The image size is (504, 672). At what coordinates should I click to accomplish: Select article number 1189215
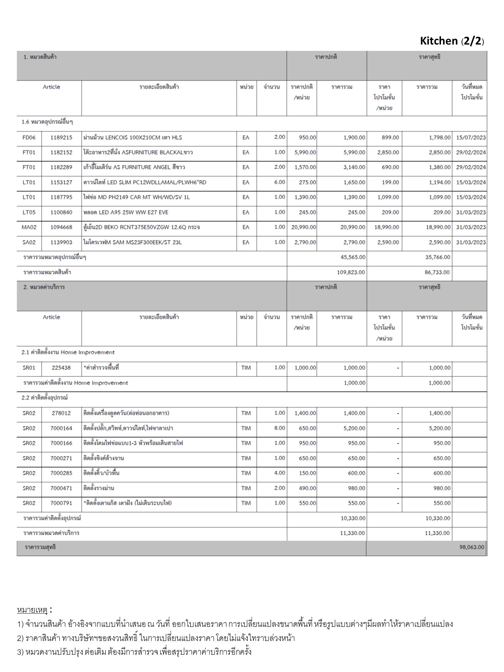click(61, 137)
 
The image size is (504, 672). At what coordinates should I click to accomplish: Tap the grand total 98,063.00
click(472, 547)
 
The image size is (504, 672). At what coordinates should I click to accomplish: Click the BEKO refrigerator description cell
click(141, 227)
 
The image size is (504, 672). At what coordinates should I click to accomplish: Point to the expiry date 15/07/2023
click(471, 137)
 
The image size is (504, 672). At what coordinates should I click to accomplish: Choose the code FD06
click(29, 137)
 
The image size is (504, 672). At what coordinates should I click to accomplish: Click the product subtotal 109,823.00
click(351, 272)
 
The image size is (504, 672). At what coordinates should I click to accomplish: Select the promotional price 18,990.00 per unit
click(387, 227)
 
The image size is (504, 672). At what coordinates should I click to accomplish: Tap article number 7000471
click(61, 488)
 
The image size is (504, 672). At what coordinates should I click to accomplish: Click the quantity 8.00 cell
click(280, 428)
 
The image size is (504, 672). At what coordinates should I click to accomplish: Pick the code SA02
click(29, 242)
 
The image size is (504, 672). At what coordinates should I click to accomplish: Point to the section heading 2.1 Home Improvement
click(68, 352)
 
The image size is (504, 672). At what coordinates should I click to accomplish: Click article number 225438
click(61, 368)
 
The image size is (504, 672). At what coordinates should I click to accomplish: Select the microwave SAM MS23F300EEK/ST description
click(133, 242)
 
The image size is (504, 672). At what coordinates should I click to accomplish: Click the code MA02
click(29, 227)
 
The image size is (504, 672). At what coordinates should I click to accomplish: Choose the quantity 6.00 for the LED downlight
click(280, 182)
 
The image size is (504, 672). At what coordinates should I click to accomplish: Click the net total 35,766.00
click(438, 257)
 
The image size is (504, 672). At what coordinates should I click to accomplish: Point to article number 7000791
click(61, 503)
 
